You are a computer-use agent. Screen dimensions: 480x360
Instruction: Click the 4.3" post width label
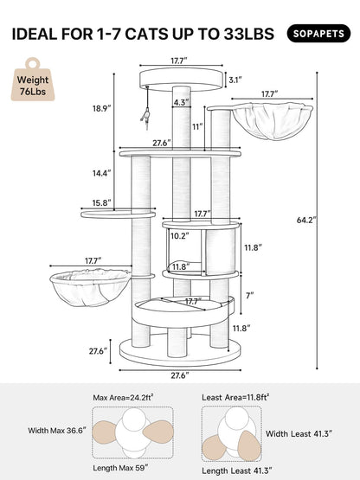tap(181, 103)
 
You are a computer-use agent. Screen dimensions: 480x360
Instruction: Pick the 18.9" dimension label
tap(101, 108)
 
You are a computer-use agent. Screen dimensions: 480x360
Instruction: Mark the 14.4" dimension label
tap(101, 173)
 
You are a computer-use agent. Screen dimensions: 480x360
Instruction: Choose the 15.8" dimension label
tap(101, 203)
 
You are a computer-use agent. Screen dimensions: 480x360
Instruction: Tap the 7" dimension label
tap(248, 296)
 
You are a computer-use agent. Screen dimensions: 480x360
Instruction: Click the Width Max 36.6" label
tap(58, 430)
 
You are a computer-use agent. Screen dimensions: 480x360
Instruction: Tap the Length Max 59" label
tap(125, 467)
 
